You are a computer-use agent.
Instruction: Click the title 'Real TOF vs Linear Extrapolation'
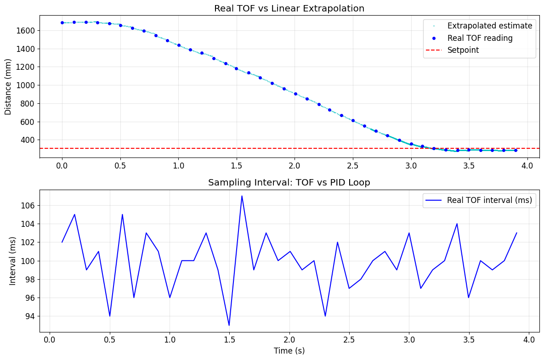coord(289,8)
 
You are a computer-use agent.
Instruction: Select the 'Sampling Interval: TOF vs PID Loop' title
coord(289,182)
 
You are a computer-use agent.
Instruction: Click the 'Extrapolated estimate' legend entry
coord(490,26)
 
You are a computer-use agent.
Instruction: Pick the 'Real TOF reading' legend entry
coord(480,38)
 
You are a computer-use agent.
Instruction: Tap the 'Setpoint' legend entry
coord(463,50)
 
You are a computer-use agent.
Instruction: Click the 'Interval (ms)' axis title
coord(13,261)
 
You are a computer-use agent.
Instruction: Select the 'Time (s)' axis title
coord(289,351)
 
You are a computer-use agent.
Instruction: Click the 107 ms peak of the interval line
coord(242,196)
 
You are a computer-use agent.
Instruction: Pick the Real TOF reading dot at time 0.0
coord(62,22)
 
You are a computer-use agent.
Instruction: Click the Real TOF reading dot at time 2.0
coord(295,94)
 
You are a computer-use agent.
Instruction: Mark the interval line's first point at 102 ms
coord(62,242)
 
